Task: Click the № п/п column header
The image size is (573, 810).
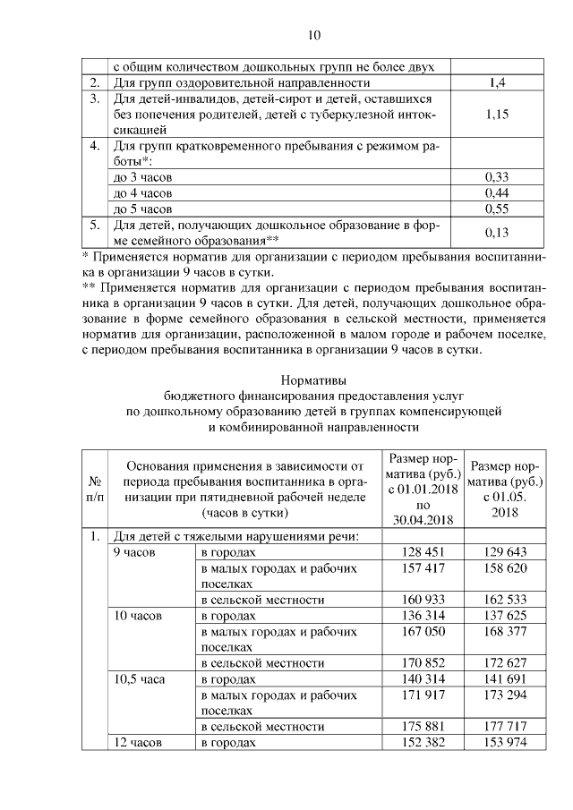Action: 94,489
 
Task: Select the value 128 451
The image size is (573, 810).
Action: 420,552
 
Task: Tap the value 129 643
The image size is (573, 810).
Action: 502,552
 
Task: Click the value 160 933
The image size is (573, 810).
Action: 420,600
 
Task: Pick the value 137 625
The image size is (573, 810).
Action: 502,616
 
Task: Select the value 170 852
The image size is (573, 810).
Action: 420,663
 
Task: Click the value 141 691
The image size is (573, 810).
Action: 502,679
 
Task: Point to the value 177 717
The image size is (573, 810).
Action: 502,727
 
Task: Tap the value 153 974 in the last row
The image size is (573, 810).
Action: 502,743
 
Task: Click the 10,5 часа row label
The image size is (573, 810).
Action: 137,679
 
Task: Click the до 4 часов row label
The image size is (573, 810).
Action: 142,193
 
